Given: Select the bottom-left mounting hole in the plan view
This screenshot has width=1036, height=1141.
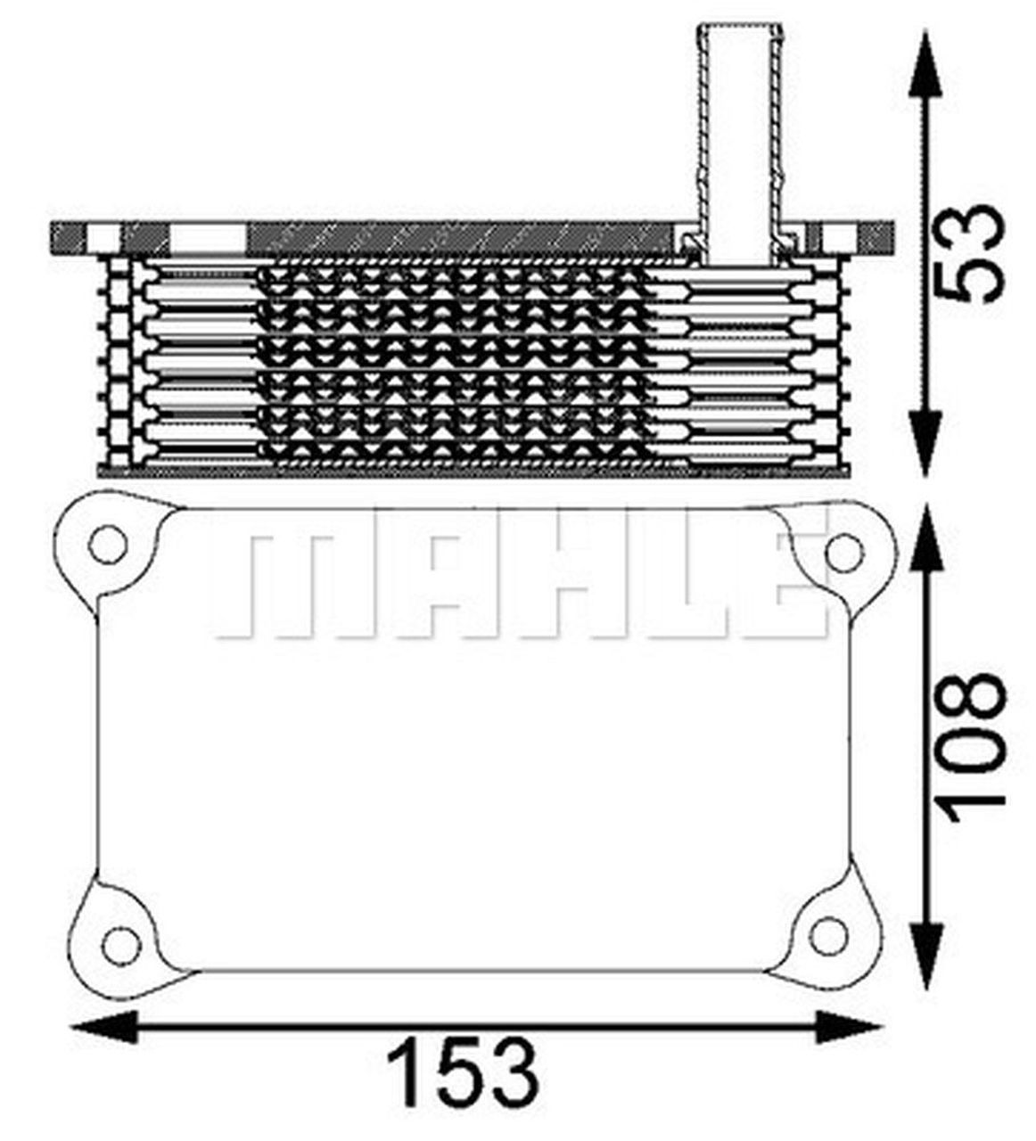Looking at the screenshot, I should [121, 941].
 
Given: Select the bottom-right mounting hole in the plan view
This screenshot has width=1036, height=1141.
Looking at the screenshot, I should [827, 935].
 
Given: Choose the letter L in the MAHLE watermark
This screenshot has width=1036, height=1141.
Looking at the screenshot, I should [687, 583].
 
